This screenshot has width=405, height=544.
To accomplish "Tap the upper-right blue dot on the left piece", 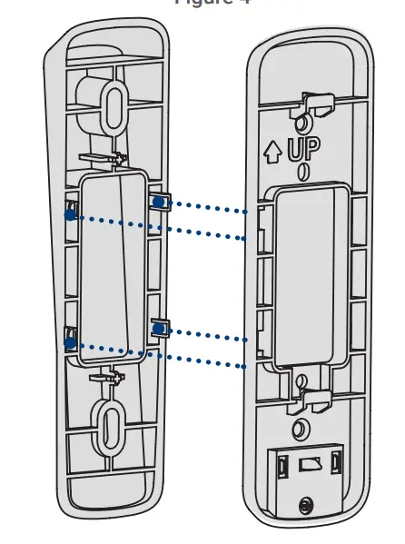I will tap(159, 202).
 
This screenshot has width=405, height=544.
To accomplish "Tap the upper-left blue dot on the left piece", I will tap(70, 214).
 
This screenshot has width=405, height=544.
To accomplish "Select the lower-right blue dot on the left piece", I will tap(159, 325).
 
